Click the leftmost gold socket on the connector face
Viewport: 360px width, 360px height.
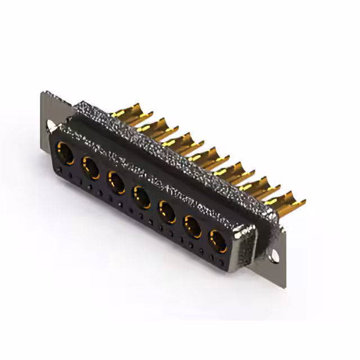pyautogui.click(x=66, y=153)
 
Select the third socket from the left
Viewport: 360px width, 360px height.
pyautogui.click(x=116, y=182)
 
